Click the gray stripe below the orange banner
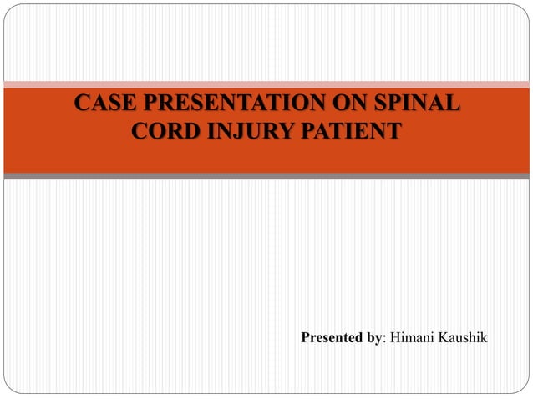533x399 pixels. pos(266,176)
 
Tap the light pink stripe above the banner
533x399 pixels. pos(266,84)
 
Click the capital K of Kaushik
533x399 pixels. pos(442,338)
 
